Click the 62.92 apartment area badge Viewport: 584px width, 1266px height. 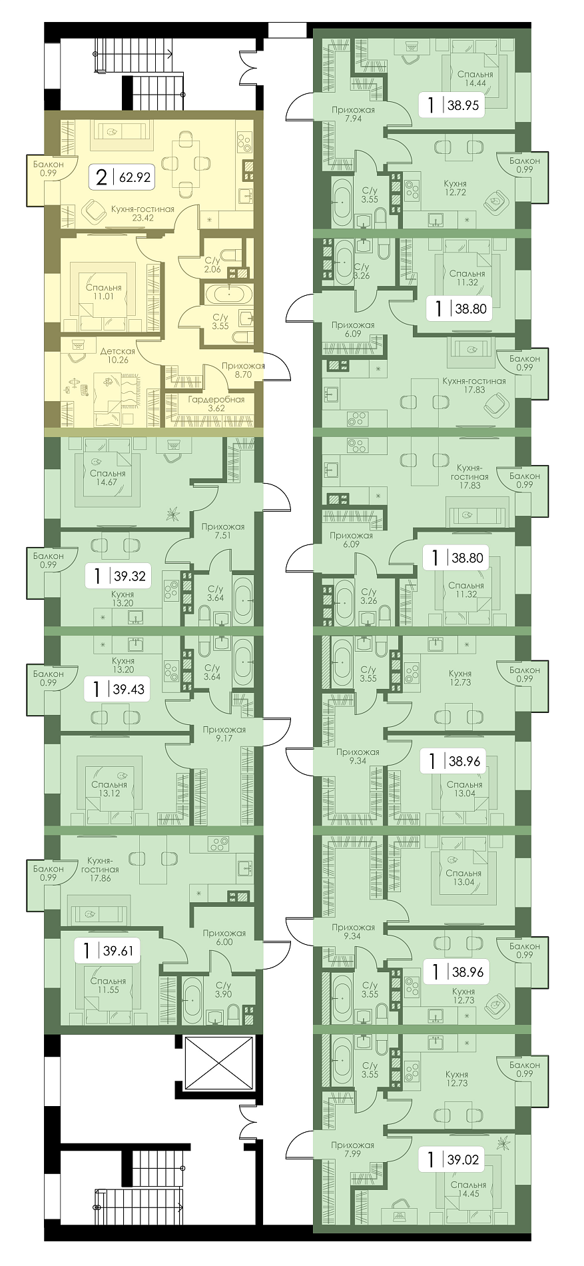pos(122,177)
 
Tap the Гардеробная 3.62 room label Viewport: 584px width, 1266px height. pos(216,404)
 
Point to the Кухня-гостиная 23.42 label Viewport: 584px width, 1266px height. pos(143,213)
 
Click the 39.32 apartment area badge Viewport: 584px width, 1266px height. pos(119,575)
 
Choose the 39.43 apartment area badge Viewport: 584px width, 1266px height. pos(117,689)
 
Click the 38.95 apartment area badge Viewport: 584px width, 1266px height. pos(451,105)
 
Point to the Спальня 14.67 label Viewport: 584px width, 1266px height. pos(109,478)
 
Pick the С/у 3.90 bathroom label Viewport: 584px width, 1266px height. pos(222,989)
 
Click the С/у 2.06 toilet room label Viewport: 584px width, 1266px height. pos(212,265)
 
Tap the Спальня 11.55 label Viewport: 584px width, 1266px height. pos(108,985)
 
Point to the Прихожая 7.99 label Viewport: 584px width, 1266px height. pos(352,1149)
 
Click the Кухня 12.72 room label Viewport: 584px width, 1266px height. pos(454,188)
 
